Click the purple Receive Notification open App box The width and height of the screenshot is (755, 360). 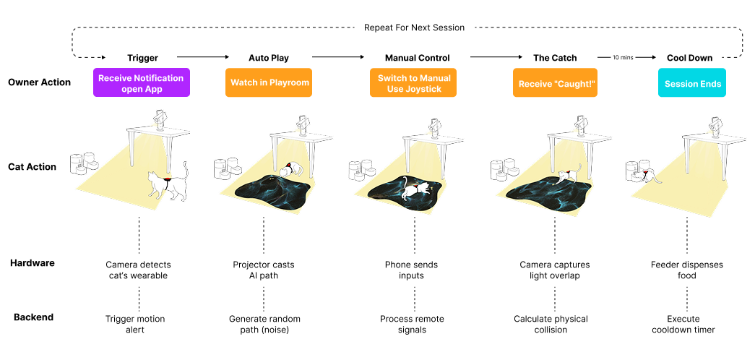click(x=142, y=82)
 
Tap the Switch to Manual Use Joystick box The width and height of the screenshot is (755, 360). click(x=413, y=82)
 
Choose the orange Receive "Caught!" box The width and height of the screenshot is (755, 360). click(x=555, y=82)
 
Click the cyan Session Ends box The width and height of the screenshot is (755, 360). click(x=693, y=82)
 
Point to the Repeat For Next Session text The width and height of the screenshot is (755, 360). click(x=414, y=27)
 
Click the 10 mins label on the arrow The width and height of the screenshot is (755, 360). click(x=623, y=57)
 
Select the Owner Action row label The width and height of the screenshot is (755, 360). click(x=40, y=82)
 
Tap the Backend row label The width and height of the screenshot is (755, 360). click(x=33, y=317)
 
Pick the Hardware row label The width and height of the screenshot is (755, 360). click(x=33, y=262)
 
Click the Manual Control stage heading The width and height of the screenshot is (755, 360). click(x=418, y=58)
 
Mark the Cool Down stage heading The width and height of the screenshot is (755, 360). click(x=689, y=58)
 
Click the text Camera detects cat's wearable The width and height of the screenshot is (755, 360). click(x=138, y=270)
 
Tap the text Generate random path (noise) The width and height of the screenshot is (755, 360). click(x=264, y=324)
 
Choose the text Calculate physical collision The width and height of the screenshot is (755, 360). click(x=551, y=324)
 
